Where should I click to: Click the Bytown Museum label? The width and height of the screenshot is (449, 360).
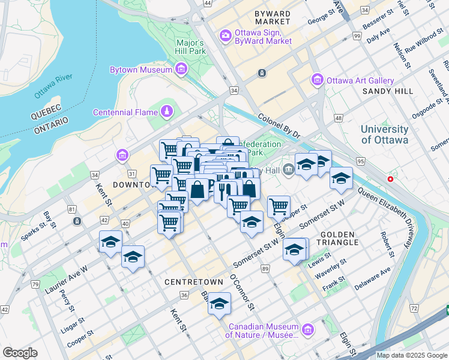click(141, 70)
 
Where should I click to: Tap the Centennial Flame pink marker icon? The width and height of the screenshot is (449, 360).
click(166, 112)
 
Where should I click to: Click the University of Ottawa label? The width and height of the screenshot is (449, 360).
click(385, 134)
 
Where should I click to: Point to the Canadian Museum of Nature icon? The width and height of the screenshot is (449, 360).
click(308, 329)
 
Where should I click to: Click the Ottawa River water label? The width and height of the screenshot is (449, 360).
click(53, 86)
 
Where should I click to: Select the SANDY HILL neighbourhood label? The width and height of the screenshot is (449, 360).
click(388, 91)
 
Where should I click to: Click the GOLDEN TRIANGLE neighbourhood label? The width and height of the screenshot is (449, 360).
click(340, 238)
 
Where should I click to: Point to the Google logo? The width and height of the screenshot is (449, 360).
click(20, 353)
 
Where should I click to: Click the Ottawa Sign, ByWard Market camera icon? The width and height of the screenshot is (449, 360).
click(225, 35)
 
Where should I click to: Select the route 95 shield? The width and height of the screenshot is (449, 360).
click(361, 161)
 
